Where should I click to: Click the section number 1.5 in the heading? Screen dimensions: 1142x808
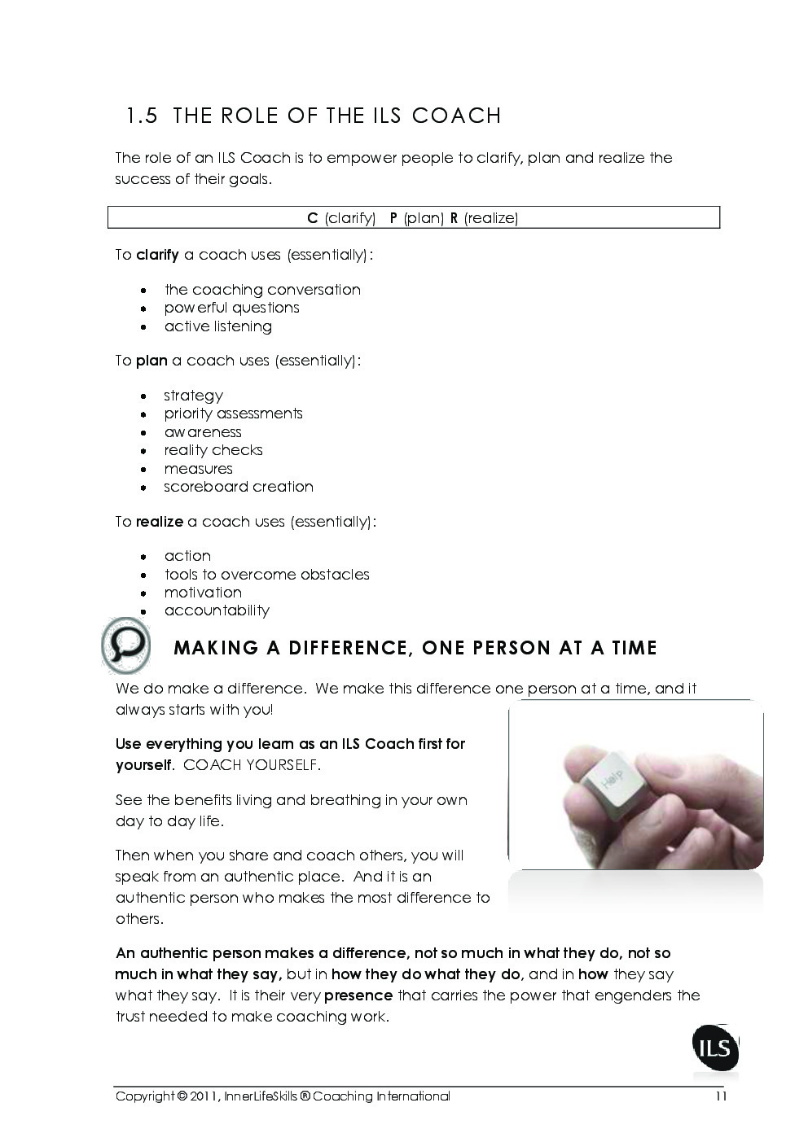pos(142,116)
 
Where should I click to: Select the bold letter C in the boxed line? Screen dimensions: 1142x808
pos(312,218)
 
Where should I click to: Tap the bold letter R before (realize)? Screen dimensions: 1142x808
pos(454,218)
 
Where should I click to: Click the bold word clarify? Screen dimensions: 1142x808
pos(157,255)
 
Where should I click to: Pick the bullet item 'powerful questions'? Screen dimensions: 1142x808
pos(231,308)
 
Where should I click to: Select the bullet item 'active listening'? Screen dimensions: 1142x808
pos(217,326)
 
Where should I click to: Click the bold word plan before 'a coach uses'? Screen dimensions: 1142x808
pos(151,361)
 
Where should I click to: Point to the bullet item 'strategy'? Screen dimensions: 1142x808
pos(193,396)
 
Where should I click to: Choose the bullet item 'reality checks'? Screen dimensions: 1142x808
pos(213,450)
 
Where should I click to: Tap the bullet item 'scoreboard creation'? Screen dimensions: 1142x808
pos(238,487)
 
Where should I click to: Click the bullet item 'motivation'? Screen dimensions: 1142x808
pos(203,593)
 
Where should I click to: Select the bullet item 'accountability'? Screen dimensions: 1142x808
pos(217,610)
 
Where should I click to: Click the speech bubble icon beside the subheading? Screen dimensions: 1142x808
pos(127,645)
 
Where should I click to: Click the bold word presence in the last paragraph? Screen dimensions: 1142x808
pos(358,995)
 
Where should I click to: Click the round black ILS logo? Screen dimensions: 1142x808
pos(715,1051)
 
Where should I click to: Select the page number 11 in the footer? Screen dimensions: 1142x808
pos(721,1096)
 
